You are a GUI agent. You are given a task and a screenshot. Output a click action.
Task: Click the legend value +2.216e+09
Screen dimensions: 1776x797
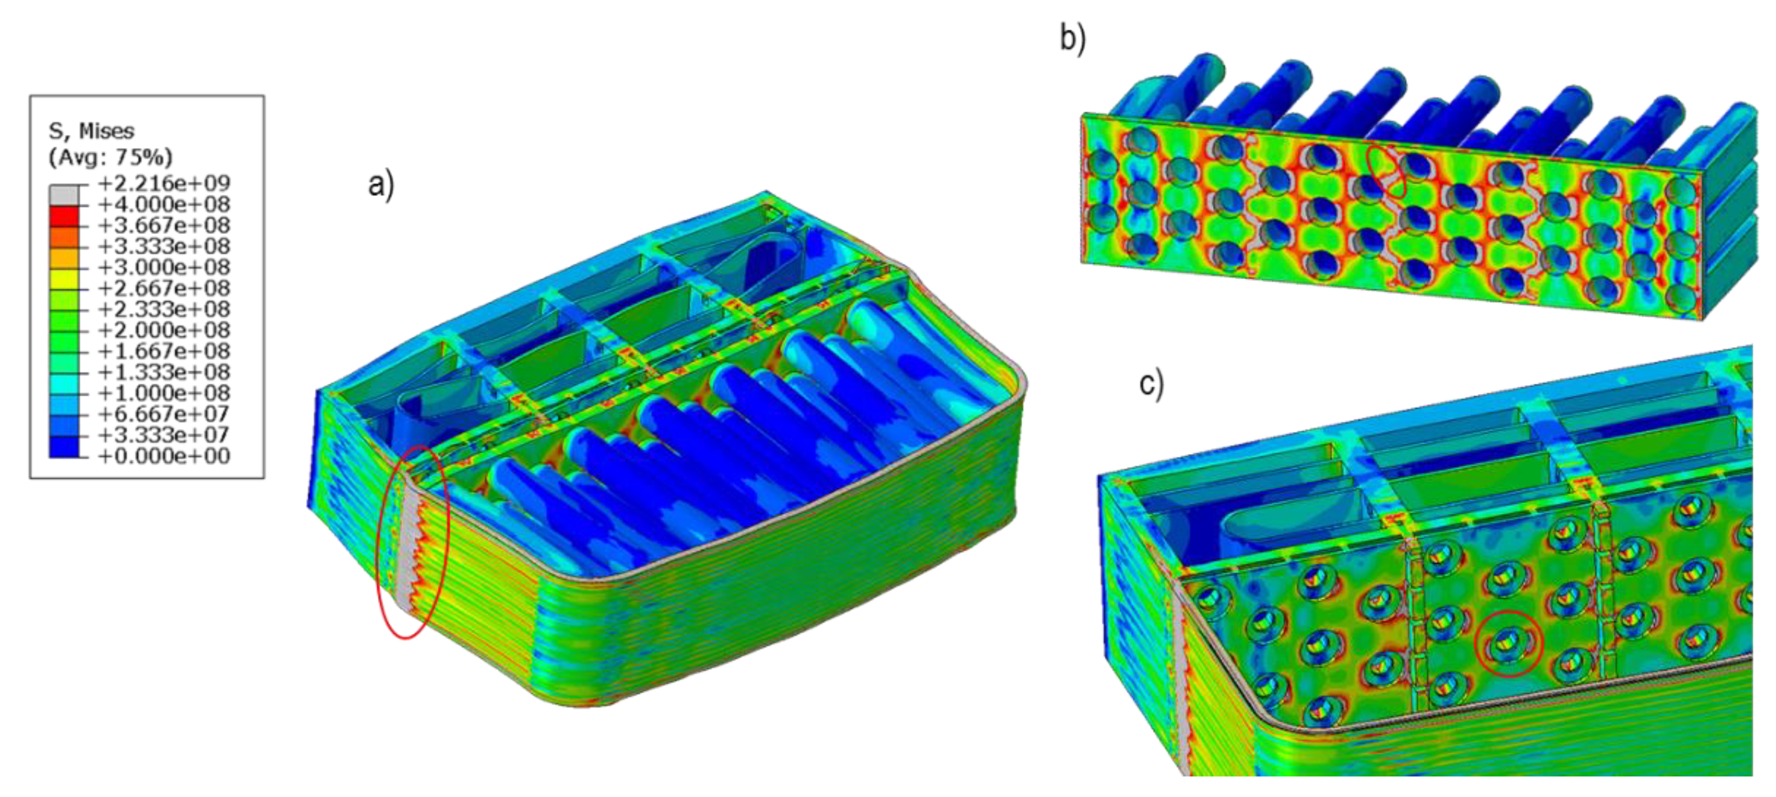click(164, 183)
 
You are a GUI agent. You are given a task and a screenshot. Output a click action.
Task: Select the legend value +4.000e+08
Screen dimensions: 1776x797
click(164, 205)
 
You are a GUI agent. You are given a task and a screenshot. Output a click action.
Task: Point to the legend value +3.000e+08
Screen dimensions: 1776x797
click(164, 267)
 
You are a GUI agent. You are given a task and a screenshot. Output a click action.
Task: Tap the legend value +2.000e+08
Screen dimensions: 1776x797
click(164, 330)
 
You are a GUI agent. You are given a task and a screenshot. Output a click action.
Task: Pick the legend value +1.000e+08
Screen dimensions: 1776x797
click(164, 393)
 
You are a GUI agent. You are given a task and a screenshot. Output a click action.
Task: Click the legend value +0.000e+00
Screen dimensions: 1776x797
click(164, 456)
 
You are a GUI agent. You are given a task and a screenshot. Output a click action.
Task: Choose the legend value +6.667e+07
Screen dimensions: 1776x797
click(164, 414)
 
